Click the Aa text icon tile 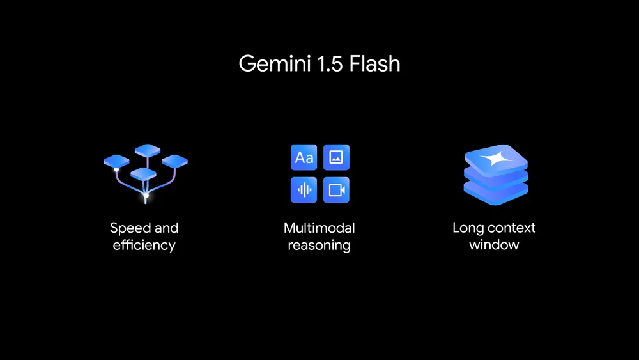304,157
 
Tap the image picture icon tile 336,157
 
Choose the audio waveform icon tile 304,190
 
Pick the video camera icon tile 336,190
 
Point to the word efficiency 144,245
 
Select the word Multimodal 319,228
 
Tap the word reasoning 319,246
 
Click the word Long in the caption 468,228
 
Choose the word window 494,245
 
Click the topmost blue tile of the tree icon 148,150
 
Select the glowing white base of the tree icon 146,194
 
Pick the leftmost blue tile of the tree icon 116,161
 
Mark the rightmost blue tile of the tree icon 174,160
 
